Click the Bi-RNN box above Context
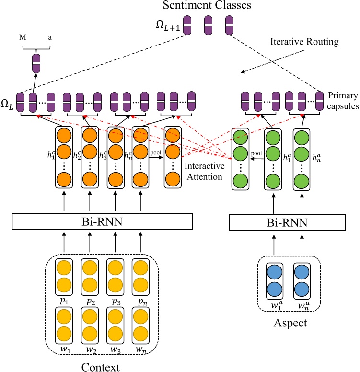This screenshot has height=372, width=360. pos(102,221)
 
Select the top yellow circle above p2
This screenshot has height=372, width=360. pos(89,267)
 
